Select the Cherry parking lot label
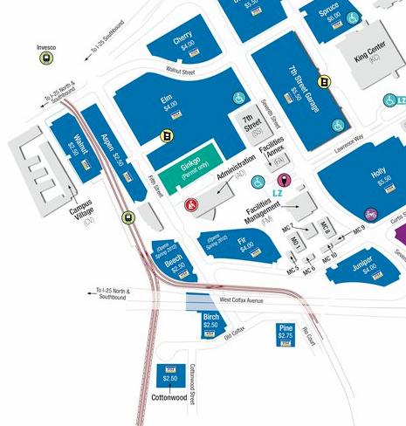(182, 40)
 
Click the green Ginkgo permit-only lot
(190, 169)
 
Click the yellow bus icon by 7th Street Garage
(324, 83)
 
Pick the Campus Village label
(82, 210)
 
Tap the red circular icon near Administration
(193, 204)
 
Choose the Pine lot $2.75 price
(285, 335)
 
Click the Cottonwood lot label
(170, 395)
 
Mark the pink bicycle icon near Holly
(372, 212)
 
